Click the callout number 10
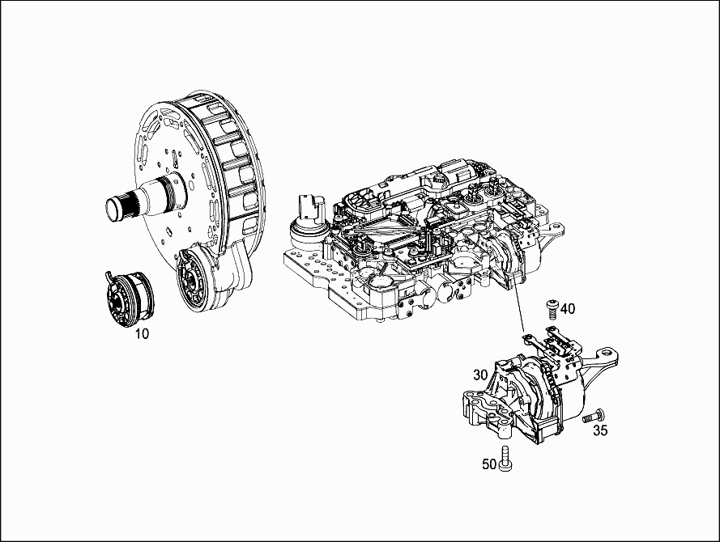tap(142, 334)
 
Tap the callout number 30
tap(480, 375)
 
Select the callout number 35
tap(600, 430)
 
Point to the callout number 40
tap(568, 308)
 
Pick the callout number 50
tap(489, 464)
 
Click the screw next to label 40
tap(552, 308)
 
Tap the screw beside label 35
tap(594, 417)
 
